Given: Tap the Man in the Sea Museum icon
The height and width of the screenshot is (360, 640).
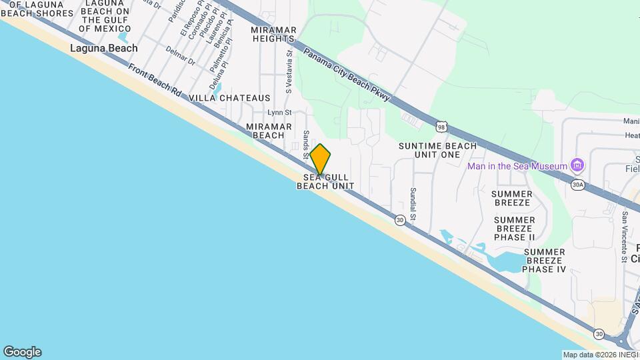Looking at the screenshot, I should pyautogui.click(x=578, y=166).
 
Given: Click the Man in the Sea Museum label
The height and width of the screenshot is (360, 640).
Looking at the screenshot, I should pyautogui.click(x=517, y=166).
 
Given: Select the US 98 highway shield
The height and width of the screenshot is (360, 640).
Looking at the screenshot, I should pyautogui.click(x=441, y=126).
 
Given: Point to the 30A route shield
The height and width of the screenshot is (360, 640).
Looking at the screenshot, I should pyautogui.click(x=577, y=185).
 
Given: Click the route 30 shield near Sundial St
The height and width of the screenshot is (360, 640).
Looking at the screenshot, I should pyautogui.click(x=399, y=219).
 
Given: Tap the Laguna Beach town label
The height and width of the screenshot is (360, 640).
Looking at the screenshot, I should pyautogui.click(x=104, y=48).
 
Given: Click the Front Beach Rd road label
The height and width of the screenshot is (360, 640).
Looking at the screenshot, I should pyautogui.click(x=155, y=83).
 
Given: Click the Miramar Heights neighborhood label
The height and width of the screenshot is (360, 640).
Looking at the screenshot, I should pyautogui.click(x=273, y=34).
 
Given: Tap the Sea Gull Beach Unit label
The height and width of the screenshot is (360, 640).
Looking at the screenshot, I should pyautogui.click(x=325, y=181).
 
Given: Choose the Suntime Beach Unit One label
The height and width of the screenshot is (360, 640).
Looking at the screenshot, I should pyautogui.click(x=437, y=150).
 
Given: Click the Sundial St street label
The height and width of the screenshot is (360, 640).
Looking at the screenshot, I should pyautogui.click(x=413, y=204).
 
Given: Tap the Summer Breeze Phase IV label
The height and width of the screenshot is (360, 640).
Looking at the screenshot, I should pyautogui.click(x=543, y=261).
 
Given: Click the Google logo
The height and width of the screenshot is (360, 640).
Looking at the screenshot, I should pyautogui.click(x=22, y=352).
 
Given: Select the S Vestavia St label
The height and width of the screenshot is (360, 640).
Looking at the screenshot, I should pyautogui.click(x=289, y=72).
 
